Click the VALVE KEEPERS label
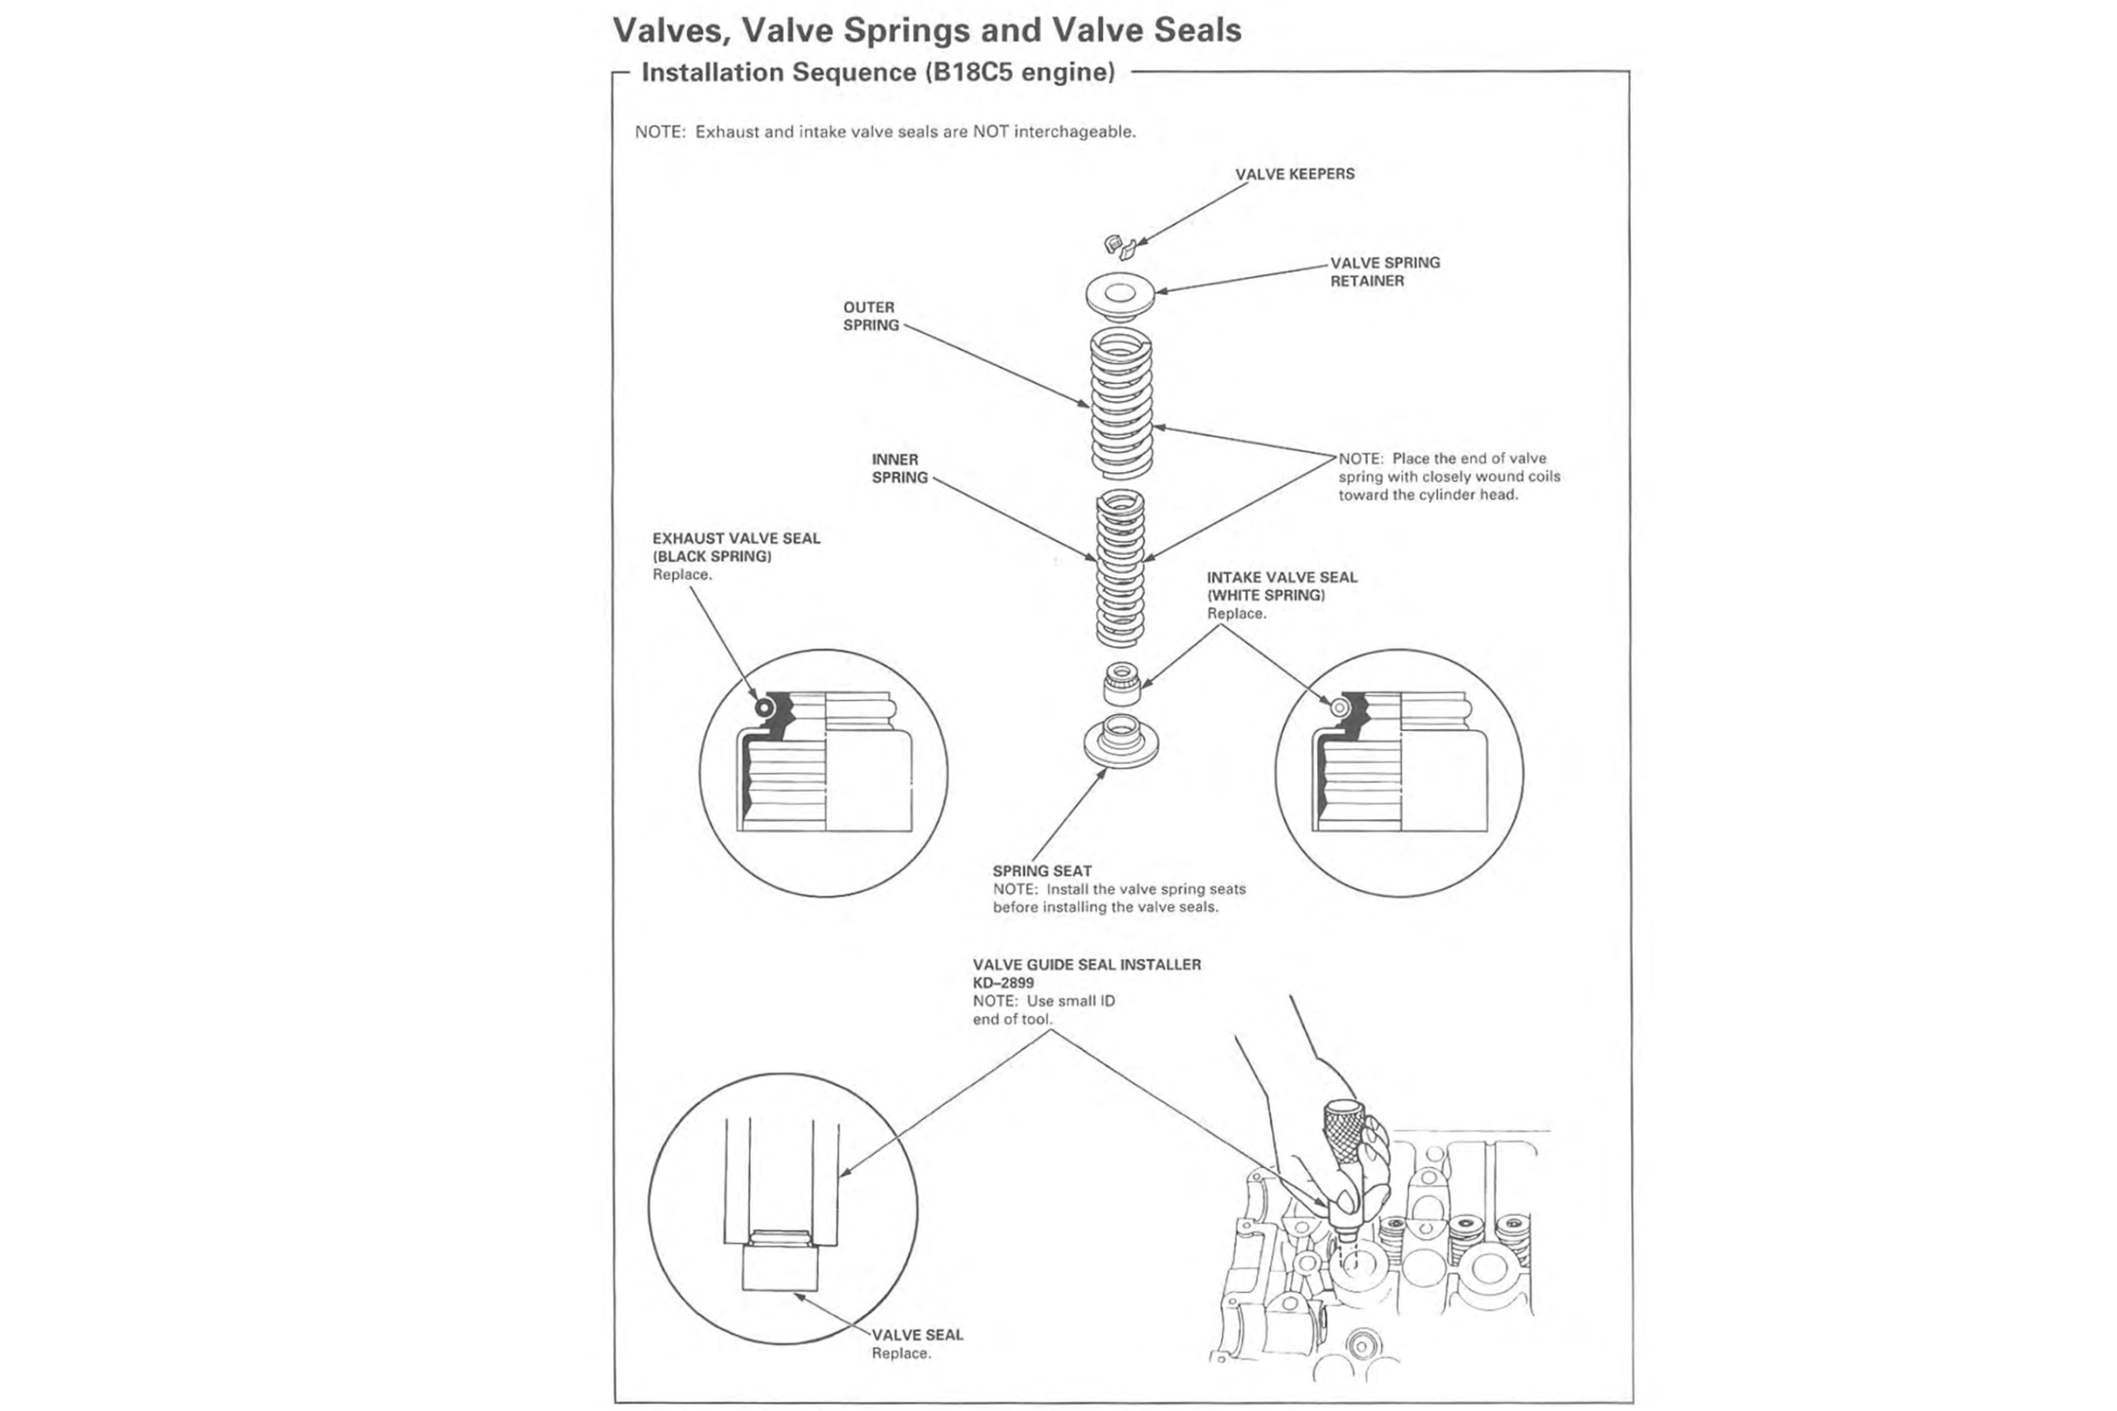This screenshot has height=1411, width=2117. [1293, 174]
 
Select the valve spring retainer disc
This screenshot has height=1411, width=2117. [1120, 295]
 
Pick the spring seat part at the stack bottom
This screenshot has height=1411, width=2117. [1121, 741]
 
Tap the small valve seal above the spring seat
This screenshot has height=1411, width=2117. [1121, 684]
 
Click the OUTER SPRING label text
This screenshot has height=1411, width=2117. [869, 316]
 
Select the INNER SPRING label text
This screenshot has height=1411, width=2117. [898, 468]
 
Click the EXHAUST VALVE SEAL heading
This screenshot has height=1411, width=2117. [736, 538]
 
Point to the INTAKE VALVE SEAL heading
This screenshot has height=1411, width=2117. [1281, 577]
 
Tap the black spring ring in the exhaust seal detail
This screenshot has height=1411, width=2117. [764, 708]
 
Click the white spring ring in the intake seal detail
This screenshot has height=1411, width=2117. [1340, 708]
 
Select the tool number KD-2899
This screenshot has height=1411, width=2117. [1003, 983]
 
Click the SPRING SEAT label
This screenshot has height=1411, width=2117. [1041, 871]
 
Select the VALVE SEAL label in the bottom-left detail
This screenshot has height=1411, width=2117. [916, 1334]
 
